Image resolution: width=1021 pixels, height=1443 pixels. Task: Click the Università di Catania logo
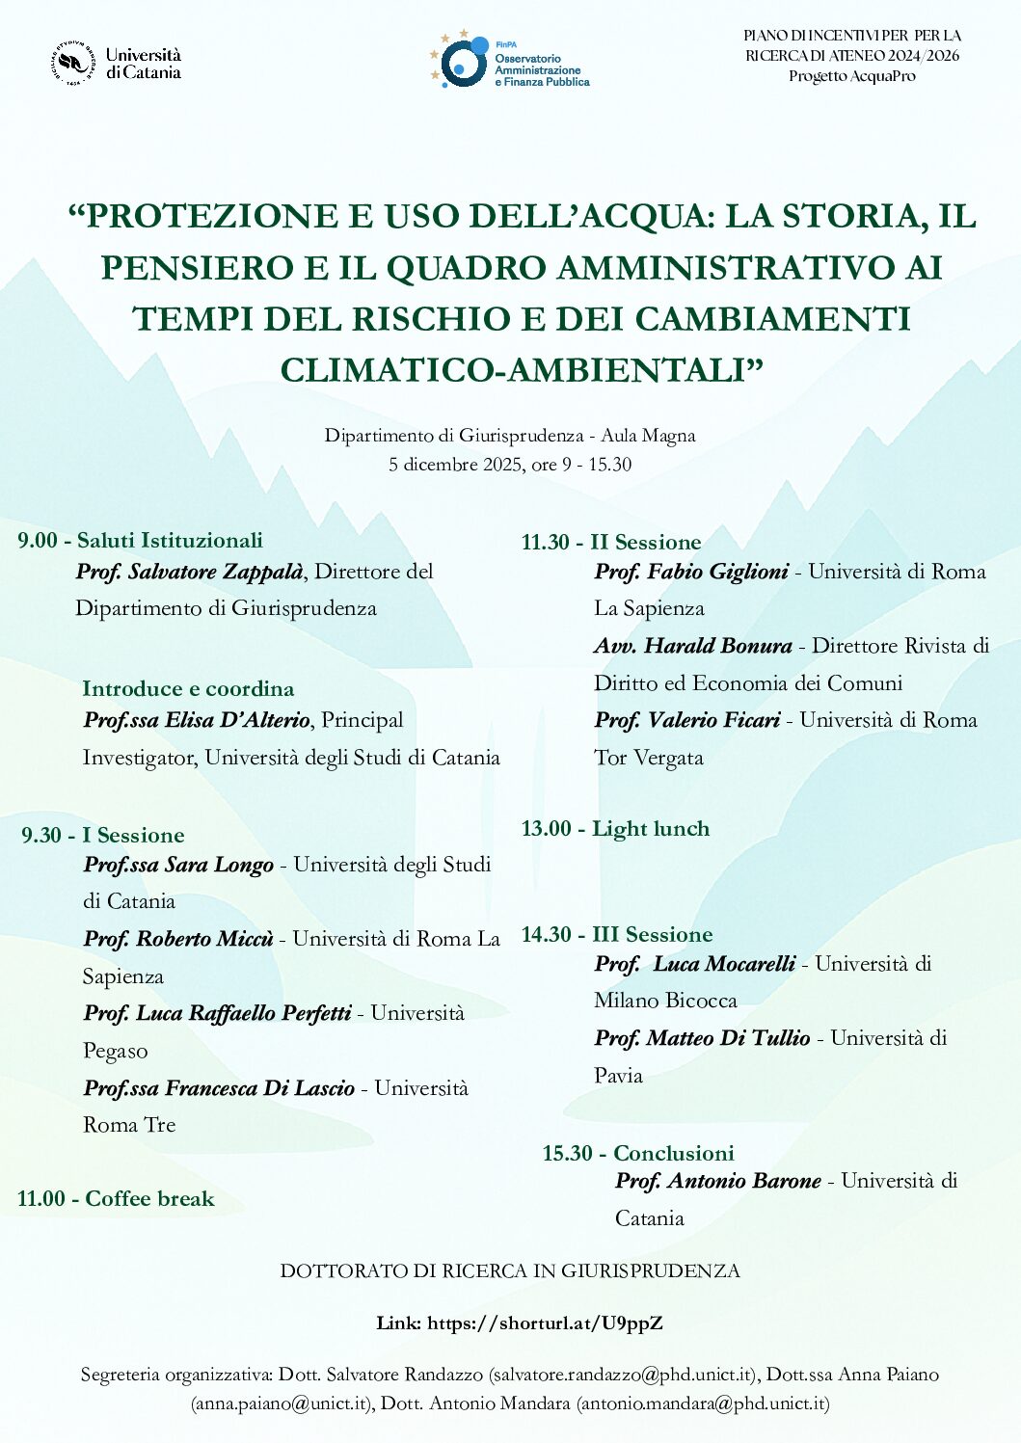pyautogui.click(x=118, y=64)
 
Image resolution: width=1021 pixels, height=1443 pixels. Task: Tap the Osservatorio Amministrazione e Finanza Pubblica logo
pyautogui.click(x=510, y=62)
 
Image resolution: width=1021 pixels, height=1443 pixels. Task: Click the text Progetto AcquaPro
pyautogui.click(x=851, y=76)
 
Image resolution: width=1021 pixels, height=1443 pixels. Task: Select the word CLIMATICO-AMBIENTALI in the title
pyautogui.click(x=522, y=370)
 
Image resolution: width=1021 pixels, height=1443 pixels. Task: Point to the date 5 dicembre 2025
pyautogui.click(x=447, y=465)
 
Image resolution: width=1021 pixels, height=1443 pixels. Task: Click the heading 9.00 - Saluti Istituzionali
pyautogui.click(x=140, y=540)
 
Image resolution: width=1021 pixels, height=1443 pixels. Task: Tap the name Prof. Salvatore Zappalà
pyautogui.click(x=190, y=572)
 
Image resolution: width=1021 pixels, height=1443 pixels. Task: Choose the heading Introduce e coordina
pyautogui.click(x=188, y=688)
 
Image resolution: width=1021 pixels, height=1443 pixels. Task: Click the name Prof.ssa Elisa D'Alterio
pyautogui.click(x=197, y=720)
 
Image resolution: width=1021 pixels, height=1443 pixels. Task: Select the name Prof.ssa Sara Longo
pyautogui.click(x=178, y=865)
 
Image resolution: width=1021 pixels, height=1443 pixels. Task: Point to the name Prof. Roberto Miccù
pyautogui.click(x=178, y=939)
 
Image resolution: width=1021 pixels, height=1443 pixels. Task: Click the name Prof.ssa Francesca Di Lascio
pyautogui.click(x=219, y=1088)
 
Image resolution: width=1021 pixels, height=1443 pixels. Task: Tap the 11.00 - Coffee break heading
pyautogui.click(x=116, y=1198)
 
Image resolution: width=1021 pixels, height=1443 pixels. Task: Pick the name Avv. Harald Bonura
pyautogui.click(x=693, y=646)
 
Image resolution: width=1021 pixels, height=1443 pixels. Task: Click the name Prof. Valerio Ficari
pyautogui.click(x=687, y=720)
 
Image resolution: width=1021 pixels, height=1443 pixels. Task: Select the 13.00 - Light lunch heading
pyautogui.click(x=615, y=829)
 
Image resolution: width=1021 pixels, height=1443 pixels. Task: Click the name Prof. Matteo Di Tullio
pyautogui.click(x=702, y=1038)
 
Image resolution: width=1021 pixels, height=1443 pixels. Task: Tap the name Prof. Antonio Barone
pyautogui.click(x=718, y=1181)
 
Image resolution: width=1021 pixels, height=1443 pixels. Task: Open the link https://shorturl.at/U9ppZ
pyautogui.click(x=545, y=1323)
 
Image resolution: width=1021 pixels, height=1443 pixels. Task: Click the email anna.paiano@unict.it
pyautogui.click(x=281, y=1403)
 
